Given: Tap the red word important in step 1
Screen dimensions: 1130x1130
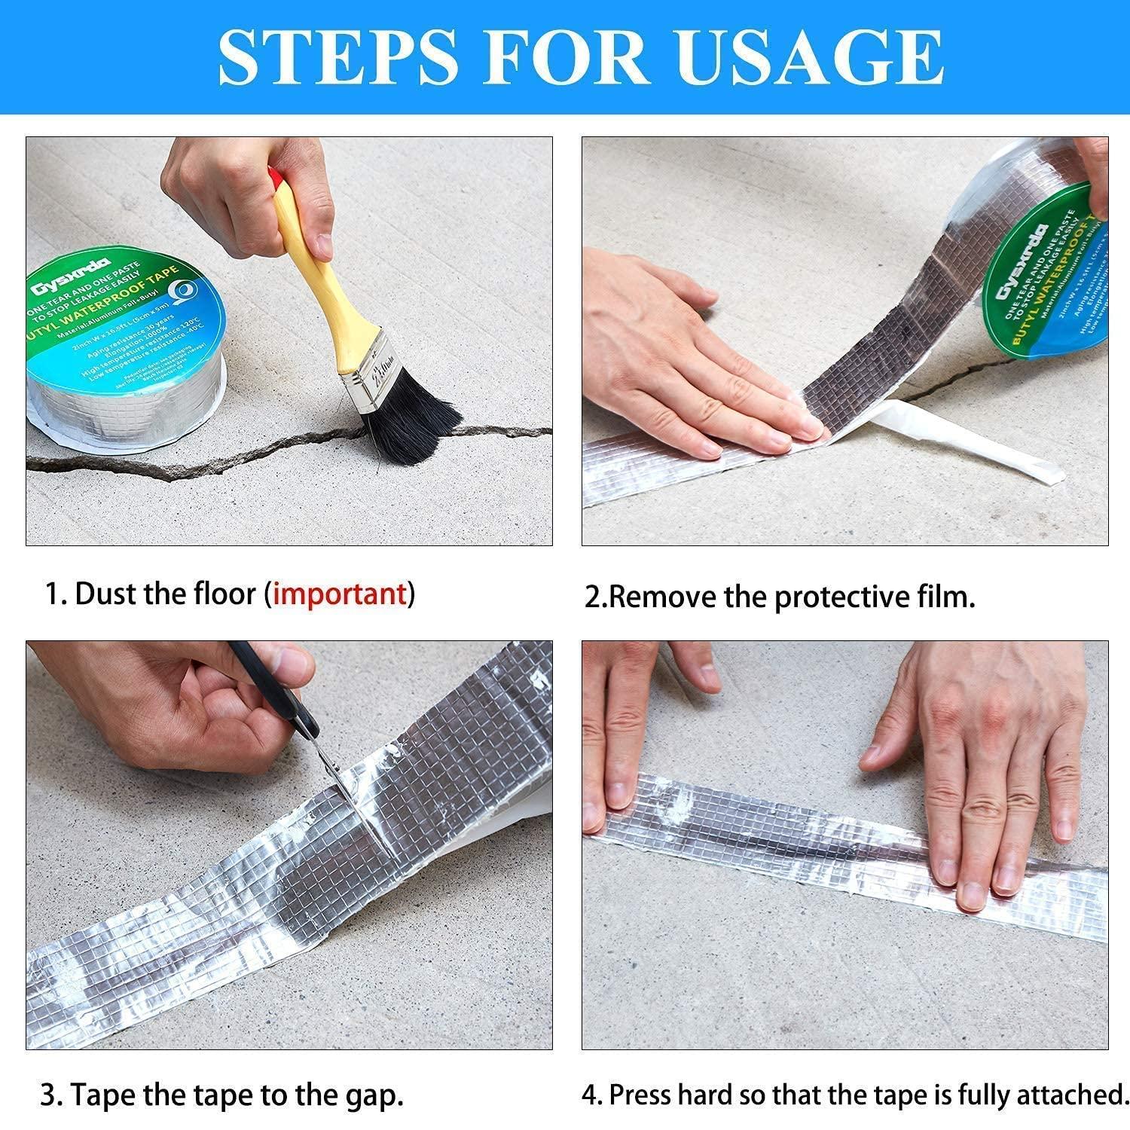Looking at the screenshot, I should (x=339, y=594).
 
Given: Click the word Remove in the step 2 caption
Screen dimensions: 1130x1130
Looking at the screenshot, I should (x=663, y=597).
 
